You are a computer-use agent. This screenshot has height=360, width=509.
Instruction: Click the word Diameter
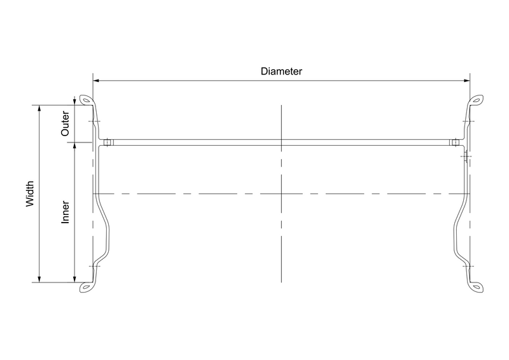click(281, 71)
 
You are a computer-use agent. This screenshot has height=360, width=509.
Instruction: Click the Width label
click(30, 194)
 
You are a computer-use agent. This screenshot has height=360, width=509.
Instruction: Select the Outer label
click(66, 123)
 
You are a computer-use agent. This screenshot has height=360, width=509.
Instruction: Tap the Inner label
click(66, 212)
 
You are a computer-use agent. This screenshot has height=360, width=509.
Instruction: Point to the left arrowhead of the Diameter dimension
click(96, 81)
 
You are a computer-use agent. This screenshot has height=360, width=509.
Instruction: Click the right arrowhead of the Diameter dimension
click(467, 81)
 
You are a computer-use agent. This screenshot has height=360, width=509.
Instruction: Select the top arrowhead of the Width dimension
click(39, 108)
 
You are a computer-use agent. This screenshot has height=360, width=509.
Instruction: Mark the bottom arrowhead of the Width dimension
click(39, 279)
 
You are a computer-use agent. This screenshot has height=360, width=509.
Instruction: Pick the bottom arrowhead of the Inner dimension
click(74, 279)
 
